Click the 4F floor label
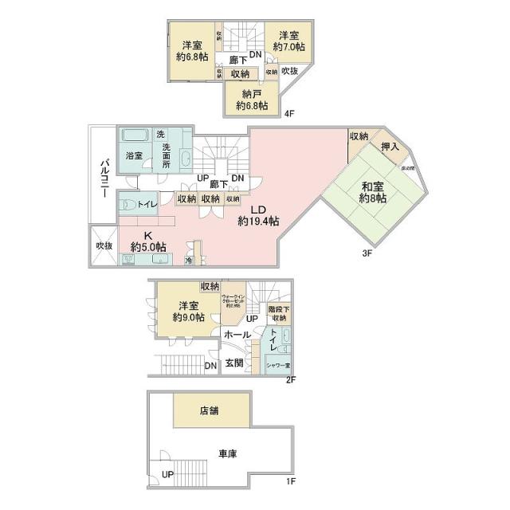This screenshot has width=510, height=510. click(290, 114)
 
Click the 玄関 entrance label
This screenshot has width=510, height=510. click(233, 363)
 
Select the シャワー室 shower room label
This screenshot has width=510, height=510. click(278, 366)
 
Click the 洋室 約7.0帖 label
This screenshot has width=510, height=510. click(288, 41)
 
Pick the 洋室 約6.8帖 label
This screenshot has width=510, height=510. click(191, 51)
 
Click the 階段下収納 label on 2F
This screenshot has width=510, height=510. click(278, 314)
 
